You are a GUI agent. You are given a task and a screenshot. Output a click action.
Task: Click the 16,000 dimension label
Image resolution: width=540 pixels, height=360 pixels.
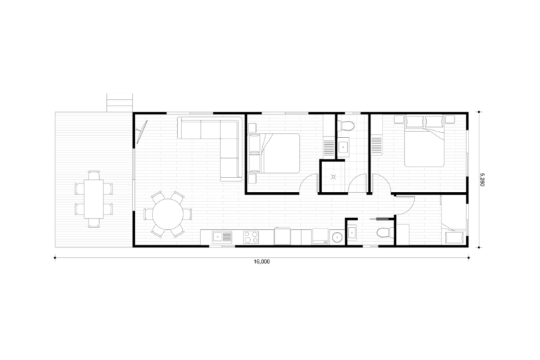click(262, 262)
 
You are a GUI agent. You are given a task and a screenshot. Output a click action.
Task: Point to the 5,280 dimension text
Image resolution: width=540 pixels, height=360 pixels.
click(482, 179)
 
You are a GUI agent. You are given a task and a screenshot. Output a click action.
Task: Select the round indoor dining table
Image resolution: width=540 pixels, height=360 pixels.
click(168, 214)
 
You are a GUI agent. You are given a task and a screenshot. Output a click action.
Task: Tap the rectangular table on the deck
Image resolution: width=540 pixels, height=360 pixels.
click(94, 199)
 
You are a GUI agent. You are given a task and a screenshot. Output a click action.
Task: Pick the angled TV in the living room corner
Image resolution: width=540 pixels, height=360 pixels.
click(141, 131)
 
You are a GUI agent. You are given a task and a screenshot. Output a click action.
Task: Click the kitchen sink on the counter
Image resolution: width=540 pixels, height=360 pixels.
click(222, 236)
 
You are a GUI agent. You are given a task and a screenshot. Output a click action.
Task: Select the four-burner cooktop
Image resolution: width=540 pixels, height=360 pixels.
click(251, 237)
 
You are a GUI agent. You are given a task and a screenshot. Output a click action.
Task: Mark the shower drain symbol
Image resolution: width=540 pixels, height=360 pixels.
click(333, 177)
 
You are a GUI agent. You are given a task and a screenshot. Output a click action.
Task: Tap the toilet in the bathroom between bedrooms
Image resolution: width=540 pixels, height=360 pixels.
click(345, 126)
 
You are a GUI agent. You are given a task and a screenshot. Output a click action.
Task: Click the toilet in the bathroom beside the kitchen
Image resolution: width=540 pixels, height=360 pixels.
click(385, 233)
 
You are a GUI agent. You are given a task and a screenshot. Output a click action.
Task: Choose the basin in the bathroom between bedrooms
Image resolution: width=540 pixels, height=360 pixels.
click(343, 147)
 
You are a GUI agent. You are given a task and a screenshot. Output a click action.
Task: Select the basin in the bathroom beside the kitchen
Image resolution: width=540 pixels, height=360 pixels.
click(352, 233)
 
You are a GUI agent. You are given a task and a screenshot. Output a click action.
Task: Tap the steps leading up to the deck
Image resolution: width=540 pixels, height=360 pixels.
click(119, 103)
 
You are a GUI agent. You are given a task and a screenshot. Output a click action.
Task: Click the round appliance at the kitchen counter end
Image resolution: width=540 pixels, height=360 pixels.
click(336, 237)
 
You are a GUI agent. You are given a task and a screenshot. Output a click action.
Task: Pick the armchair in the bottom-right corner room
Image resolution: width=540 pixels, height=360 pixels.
click(454, 237)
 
